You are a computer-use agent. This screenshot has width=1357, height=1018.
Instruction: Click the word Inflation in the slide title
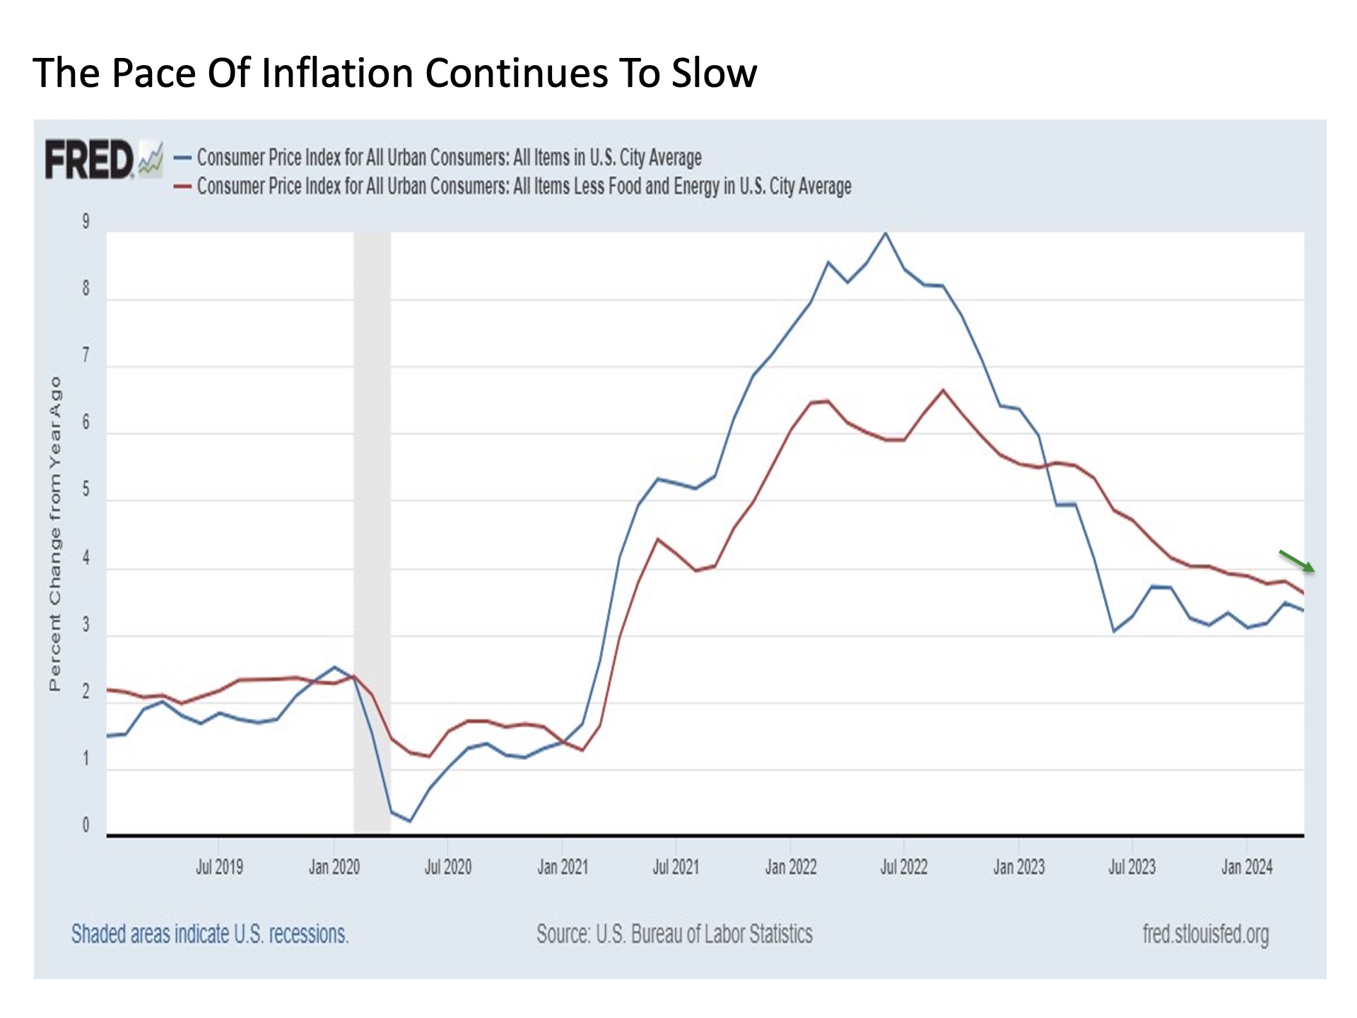click(339, 73)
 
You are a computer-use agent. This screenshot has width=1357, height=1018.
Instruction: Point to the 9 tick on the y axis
click(86, 221)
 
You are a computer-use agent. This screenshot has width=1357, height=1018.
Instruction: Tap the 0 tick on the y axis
click(86, 825)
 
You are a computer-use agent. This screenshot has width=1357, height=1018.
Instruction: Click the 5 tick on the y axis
click(86, 489)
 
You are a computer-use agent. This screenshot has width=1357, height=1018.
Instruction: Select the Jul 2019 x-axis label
click(219, 867)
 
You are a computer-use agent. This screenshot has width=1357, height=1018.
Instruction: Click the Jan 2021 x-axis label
click(563, 867)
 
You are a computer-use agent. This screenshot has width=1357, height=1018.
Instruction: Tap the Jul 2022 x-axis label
click(903, 867)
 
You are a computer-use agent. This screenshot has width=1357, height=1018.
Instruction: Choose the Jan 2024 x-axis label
click(1247, 867)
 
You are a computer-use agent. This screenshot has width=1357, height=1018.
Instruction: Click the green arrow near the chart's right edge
click(1297, 561)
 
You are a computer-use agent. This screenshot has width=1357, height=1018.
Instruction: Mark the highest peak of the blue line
click(886, 233)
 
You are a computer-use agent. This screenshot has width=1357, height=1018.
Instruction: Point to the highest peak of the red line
click(943, 390)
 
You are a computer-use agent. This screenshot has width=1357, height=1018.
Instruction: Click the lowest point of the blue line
click(410, 821)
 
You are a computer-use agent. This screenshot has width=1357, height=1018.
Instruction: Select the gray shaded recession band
click(372, 530)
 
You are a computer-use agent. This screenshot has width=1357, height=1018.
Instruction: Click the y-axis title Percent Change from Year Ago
click(55, 534)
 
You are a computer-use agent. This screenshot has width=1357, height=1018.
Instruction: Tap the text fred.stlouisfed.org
click(1205, 934)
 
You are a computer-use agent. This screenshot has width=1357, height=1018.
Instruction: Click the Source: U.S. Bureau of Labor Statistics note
click(674, 934)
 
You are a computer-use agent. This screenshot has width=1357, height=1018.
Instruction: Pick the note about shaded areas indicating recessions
click(210, 934)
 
